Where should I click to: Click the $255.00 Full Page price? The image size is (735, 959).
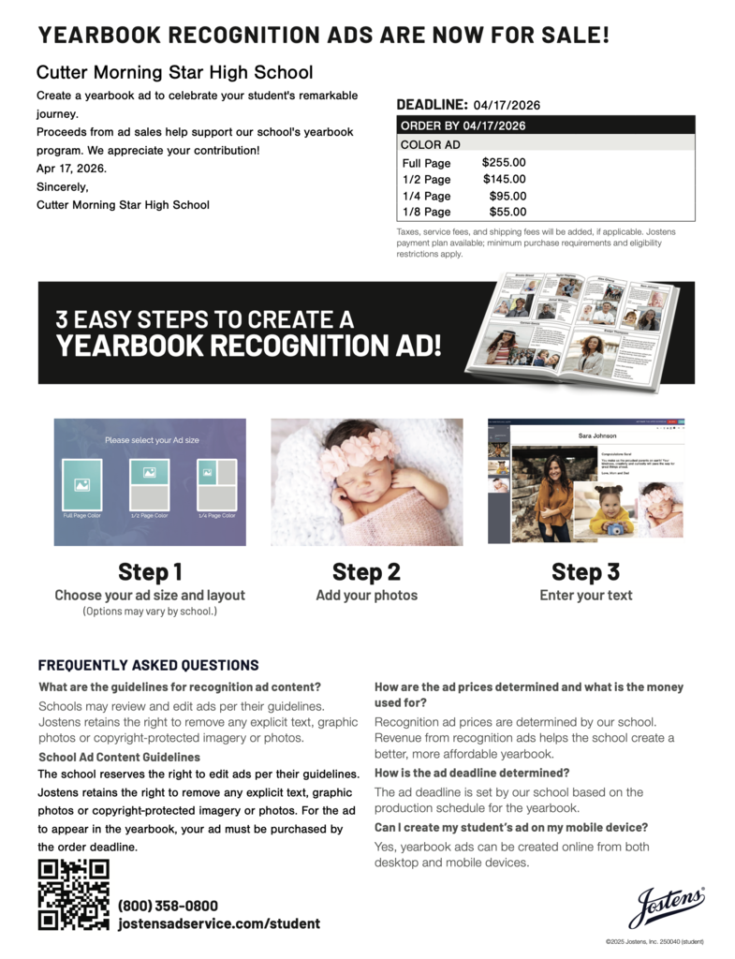[504, 163]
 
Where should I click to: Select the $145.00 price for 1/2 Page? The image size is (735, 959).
[504, 179]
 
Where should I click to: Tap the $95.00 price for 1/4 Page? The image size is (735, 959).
[507, 196]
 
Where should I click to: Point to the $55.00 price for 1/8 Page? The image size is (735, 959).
[507, 212]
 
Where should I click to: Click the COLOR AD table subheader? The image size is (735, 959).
[430, 145]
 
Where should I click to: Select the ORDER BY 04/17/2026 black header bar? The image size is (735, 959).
[545, 125]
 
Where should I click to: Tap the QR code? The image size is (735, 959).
[73, 894]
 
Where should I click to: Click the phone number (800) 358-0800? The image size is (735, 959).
[168, 906]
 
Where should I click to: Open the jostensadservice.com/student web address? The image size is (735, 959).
[218, 923]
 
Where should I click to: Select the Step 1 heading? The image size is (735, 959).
[150, 571]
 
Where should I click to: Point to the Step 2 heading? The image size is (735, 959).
[366, 571]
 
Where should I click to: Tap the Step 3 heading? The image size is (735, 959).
[585, 571]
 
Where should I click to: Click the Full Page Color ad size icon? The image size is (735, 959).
[81, 484]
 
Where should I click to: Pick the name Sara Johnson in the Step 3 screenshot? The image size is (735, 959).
[596, 436]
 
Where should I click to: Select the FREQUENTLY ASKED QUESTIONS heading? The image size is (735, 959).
[148, 666]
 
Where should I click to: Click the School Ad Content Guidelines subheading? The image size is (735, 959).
[119, 757]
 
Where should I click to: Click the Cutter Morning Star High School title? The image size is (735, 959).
[174, 72]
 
